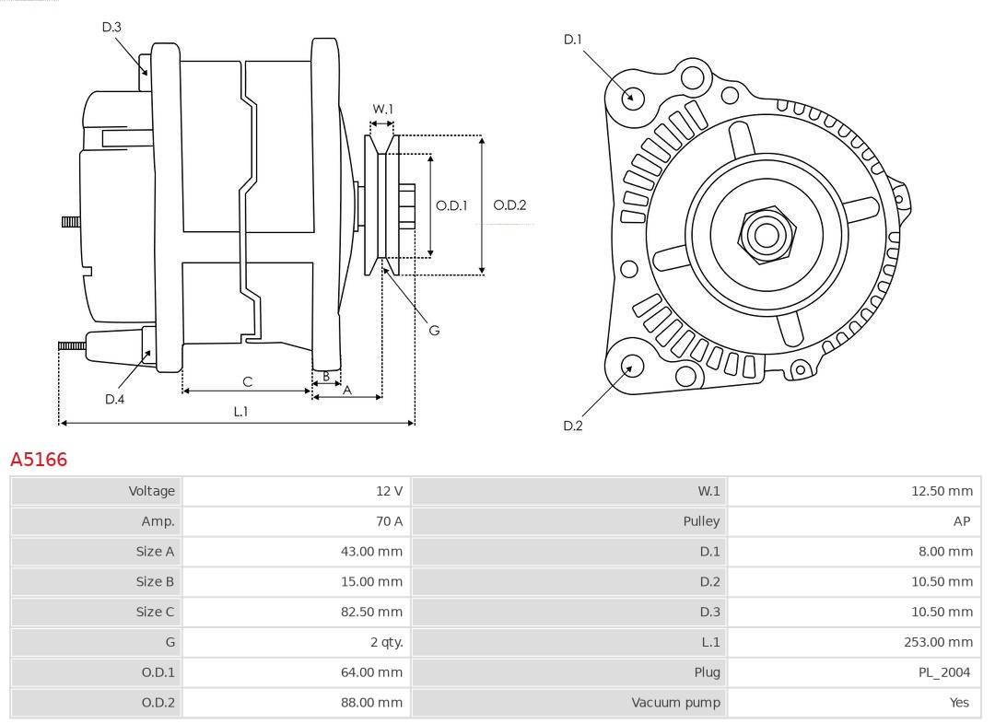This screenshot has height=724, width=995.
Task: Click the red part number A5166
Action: tap(39, 459)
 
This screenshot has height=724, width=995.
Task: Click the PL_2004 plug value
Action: tap(944, 672)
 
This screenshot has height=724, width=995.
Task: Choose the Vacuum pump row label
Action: tap(675, 703)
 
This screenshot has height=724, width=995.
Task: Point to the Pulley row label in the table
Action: tap(701, 521)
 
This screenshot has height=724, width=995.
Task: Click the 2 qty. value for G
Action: tap(386, 642)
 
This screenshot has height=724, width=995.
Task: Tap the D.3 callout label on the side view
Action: tap(111, 28)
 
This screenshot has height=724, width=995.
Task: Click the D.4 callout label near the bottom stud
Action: tap(114, 399)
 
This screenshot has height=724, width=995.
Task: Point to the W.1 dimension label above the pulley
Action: tap(382, 109)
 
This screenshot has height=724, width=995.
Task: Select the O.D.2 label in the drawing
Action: tap(509, 205)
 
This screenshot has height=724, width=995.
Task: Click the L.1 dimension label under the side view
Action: tap(240, 412)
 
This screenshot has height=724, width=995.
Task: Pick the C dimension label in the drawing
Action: tap(247, 381)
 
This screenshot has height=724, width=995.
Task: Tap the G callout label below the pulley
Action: tap(434, 330)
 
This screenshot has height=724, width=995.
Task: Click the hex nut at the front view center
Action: tap(766, 234)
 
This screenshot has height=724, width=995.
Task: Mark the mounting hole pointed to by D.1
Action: tap(632, 96)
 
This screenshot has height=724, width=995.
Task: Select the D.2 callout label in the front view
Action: tap(572, 426)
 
